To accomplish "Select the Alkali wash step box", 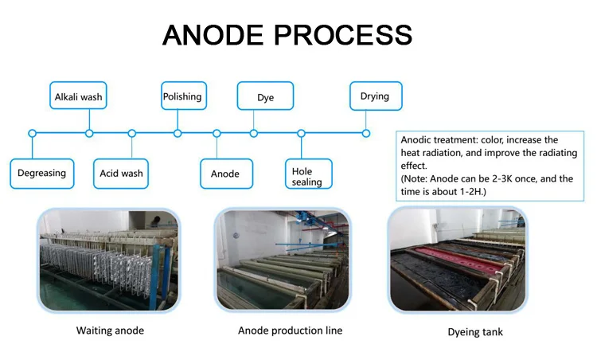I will (x=78, y=97).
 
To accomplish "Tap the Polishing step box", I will (x=182, y=96).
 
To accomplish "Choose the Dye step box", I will (x=265, y=97).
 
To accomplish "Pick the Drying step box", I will (x=375, y=96).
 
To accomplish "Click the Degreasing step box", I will (x=42, y=172).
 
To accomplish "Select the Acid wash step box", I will (x=121, y=172).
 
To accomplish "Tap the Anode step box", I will (x=225, y=173).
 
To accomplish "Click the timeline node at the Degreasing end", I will (x=32, y=133).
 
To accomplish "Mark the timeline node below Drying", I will (x=366, y=133).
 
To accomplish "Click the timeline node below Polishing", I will (x=178, y=133).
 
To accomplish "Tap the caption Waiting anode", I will (x=110, y=331).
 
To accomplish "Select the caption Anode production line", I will (x=290, y=331).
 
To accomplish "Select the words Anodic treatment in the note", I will (x=434, y=139).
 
